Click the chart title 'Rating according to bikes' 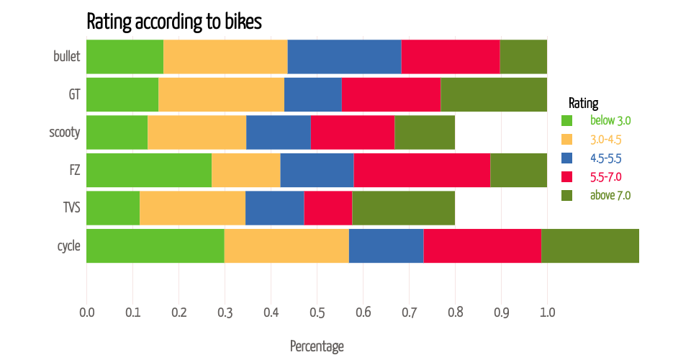point(174,21)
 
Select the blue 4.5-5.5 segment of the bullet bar point(345,56)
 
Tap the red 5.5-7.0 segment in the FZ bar point(423,170)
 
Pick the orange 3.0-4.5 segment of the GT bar point(221,94)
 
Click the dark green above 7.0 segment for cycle point(590,246)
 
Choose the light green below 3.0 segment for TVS point(113,208)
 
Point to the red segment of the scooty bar point(353,132)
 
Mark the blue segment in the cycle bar point(387,246)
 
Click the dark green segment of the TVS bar point(404,208)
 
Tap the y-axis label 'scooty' point(65,132)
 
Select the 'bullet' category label point(66,56)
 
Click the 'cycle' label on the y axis point(69,246)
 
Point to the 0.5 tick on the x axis point(317,312)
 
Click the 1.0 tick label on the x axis point(547,312)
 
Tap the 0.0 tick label point(87,312)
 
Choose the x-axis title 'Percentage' point(317,346)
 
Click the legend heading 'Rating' point(584,103)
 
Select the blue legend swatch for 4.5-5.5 point(566,158)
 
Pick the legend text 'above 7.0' point(610,195)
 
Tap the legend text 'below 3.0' point(610,120)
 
